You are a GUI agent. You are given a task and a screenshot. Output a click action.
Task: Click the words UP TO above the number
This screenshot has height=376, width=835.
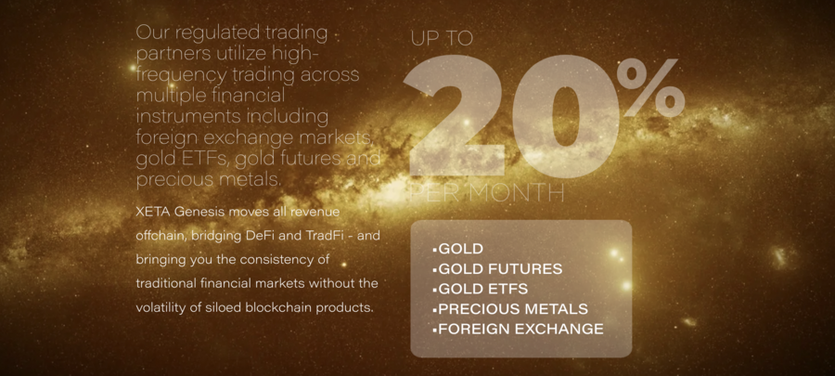442,38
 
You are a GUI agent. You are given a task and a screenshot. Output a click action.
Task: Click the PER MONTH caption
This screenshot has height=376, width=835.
487,193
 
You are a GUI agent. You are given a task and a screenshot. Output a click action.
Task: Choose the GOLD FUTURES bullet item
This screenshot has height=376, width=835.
497,269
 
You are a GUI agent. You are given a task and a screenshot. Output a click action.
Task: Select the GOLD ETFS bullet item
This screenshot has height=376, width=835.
481,289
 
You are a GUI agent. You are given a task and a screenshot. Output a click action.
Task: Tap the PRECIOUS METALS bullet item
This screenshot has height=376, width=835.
510,309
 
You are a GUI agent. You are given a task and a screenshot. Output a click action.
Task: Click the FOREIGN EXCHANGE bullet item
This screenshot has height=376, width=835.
518,330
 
